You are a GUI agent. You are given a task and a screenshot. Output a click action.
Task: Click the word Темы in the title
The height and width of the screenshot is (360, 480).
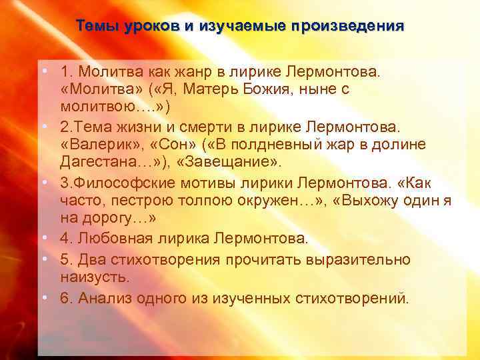(x=94, y=26)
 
